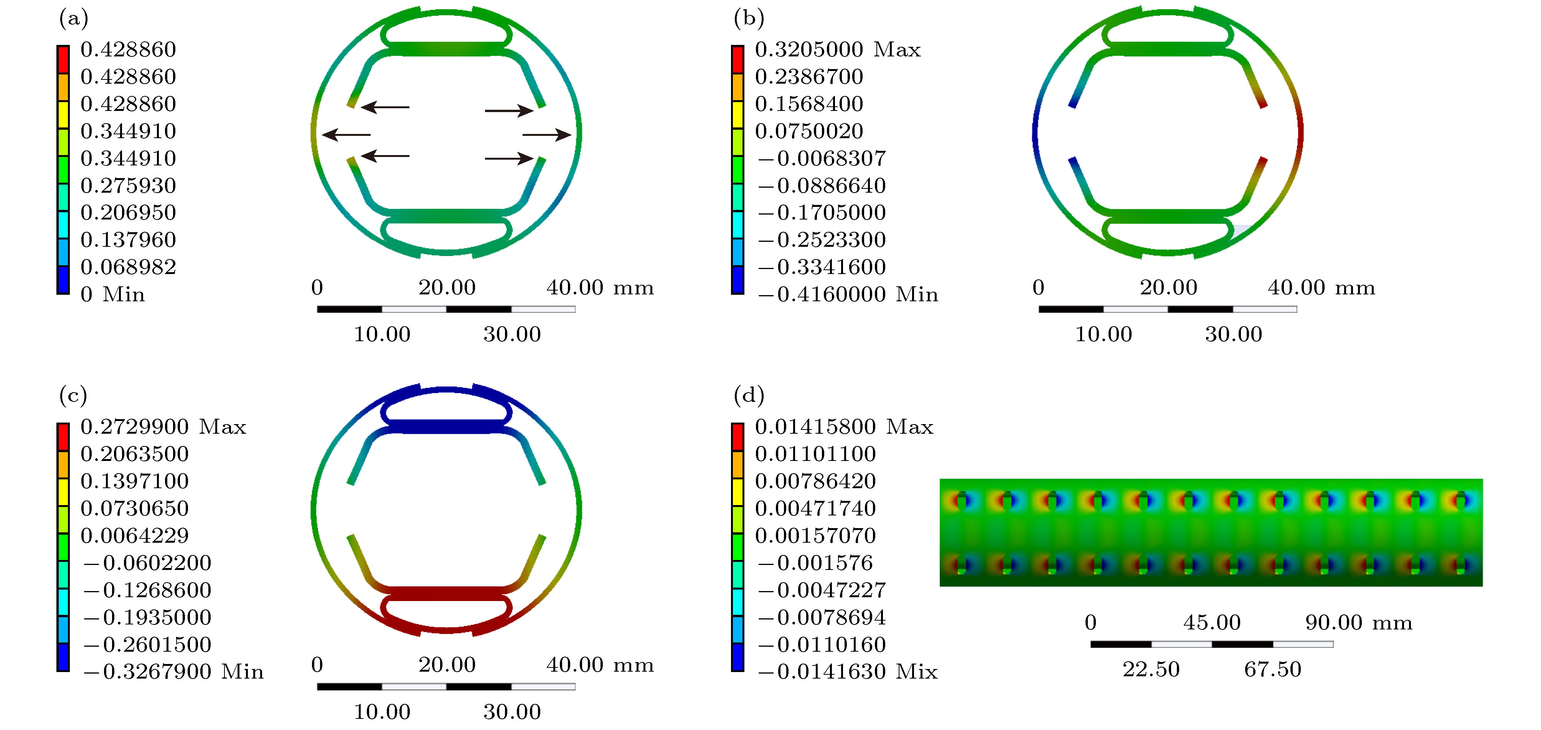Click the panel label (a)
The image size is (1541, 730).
[x=74, y=18]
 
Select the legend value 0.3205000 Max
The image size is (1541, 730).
[x=838, y=49]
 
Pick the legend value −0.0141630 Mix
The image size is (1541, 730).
[x=848, y=671]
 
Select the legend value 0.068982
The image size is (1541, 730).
[x=128, y=267]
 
